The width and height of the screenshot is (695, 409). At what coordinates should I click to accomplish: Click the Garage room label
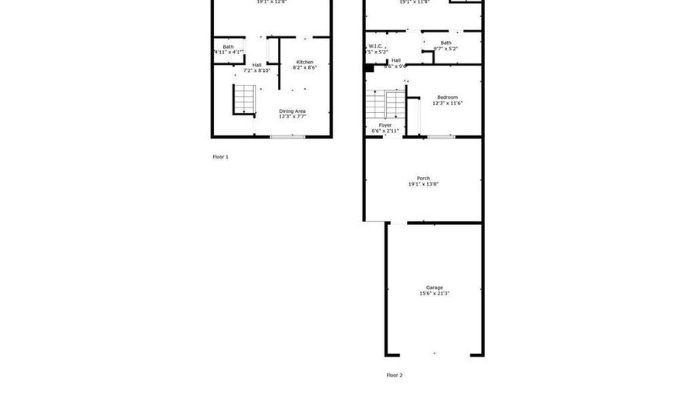click(434, 288)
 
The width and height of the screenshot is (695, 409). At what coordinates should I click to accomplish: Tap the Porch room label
click(423, 179)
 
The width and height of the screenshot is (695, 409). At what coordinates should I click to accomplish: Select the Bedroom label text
click(447, 97)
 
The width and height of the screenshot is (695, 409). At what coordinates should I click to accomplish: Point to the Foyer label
click(385, 125)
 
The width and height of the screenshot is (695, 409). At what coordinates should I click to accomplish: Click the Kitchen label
click(303, 62)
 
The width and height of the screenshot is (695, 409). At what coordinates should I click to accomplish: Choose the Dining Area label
click(293, 111)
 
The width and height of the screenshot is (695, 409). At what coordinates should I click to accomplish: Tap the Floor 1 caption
click(221, 157)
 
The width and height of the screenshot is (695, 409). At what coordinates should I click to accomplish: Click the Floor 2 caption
click(395, 376)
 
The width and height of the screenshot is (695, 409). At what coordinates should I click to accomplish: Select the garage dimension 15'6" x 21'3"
click(434, 294)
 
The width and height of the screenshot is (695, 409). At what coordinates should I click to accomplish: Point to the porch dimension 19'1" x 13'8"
click(423, 185)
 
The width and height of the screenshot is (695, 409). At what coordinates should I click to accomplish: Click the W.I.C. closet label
click(376, 46)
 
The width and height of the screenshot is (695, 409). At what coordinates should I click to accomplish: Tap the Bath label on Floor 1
click(228, 46)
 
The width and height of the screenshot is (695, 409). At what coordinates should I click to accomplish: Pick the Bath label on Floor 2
click(446, 43)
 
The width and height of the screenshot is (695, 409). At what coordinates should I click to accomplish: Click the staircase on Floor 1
click(243, 99)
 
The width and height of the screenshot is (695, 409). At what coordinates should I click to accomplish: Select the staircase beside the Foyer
click(385, 103)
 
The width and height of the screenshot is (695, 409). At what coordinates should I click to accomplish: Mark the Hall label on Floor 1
click(256, 64)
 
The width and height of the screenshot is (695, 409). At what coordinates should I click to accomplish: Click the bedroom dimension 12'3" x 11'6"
click(447, 104)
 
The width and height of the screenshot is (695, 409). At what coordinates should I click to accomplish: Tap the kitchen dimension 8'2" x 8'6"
click(303, 68)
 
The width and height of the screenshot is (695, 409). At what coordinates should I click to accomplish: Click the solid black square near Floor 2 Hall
click(369, 67)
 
